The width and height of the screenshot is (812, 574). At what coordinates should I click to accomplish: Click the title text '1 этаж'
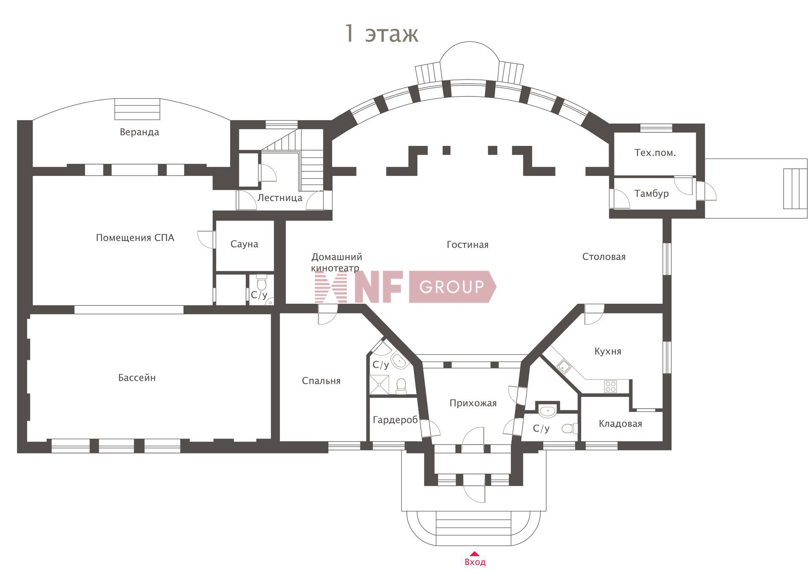[x=381, y=34]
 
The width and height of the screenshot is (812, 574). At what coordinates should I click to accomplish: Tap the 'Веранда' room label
[x=139, y=132]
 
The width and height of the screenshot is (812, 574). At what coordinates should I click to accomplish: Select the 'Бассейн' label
[x=137, y=378]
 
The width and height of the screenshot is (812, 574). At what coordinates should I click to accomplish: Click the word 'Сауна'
[x=244, y=244]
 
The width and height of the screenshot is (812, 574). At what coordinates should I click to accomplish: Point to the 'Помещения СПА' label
[x=135, y=238]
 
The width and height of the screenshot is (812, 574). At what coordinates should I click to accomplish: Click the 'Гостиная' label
[x=467, y=244]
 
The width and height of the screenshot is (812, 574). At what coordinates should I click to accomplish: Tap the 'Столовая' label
[x=604, y=257]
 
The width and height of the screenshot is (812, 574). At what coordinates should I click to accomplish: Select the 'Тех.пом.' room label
[x=655, y=153]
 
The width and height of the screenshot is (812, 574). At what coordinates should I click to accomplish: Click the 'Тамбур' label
[x=651, y=194]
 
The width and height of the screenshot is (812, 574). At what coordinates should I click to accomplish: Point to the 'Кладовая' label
[x=620, y=424]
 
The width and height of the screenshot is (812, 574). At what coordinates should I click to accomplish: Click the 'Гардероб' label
[x=395, y=420]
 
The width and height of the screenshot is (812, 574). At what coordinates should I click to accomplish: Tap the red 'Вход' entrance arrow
[x=475, y=553]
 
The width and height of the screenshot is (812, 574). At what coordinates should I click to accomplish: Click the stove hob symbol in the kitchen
[x=610, y=386]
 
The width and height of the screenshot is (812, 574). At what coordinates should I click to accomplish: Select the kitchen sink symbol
[x=564, y=367]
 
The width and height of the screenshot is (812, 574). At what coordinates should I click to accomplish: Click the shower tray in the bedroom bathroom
[x=379, y=384]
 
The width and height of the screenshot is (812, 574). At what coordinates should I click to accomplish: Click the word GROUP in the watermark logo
[x=451, y=287]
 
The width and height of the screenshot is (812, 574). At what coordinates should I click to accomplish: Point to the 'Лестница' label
[x=280, y=198]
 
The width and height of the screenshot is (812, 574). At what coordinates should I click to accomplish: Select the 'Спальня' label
[x=321, y=381]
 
